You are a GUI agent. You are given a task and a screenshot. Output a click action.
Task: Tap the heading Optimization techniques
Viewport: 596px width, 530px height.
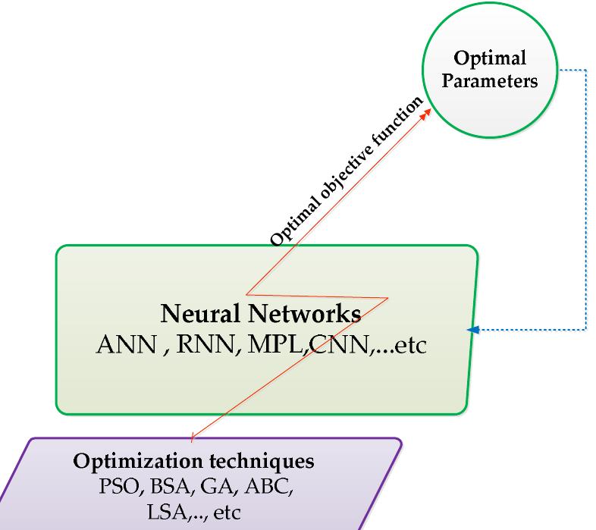coord(194,462)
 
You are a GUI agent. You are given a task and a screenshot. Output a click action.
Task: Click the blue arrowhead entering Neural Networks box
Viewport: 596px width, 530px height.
coord(473,330)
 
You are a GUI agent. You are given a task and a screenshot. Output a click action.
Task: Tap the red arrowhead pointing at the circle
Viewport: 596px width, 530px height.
coord(429,111)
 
